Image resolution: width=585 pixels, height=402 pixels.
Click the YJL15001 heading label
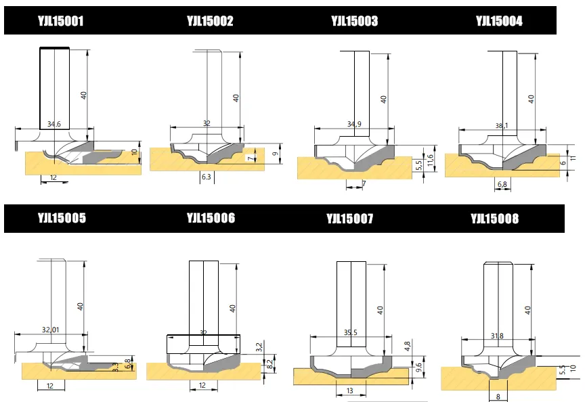tap(60, 21)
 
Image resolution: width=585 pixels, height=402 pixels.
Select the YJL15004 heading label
tap(499, 21)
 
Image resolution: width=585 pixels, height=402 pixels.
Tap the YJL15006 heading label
tap(211, 218)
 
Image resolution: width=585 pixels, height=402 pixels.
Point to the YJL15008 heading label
tap(494, 219)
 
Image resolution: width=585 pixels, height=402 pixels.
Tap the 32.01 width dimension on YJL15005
tap(51, 330)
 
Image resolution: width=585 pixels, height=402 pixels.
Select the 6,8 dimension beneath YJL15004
tap(502, 184)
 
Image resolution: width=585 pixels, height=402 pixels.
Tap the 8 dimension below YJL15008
tap(498, 397)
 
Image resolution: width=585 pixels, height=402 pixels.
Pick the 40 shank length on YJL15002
tap(236, 97)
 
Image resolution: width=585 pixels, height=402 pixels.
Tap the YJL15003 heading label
tap(355, 21)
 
